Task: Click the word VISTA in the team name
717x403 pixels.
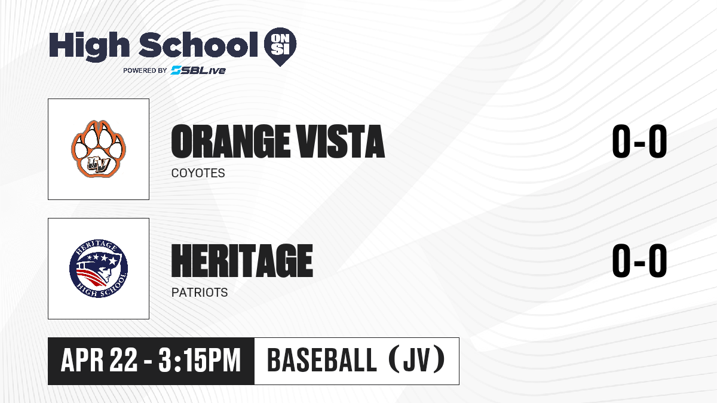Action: tap(339, 141)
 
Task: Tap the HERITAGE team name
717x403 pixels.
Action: tap(242, 261)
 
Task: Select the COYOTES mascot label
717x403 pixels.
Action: tap(198, 173)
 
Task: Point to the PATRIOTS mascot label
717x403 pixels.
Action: tap(200, 293)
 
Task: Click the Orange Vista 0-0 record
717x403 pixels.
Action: tap(639, 141)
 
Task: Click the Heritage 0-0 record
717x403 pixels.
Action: tap(639, 261)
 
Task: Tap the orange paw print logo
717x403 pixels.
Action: tap(99, 149)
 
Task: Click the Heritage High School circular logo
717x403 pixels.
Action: tap(99, 269)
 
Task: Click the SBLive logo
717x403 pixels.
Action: tap(198, 70)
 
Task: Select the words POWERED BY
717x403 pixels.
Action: tap(145, 70)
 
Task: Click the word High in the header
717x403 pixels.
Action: tap(89, 45)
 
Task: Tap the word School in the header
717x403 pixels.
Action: tap(198, 44)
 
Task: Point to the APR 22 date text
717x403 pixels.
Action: tap(99, 361)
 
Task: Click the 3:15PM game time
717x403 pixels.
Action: tap(200, 361)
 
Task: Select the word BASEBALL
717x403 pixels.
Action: tap(321, 361)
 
